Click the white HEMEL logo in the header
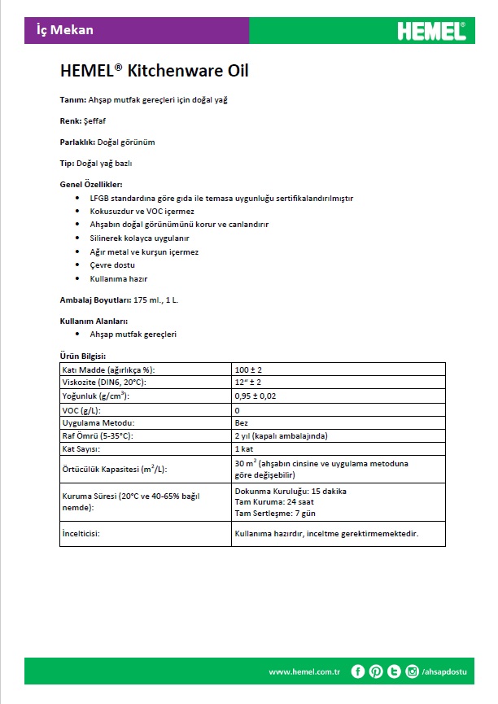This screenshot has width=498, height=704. pos(431,31)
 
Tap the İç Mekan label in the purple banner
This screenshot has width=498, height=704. pos(65,30)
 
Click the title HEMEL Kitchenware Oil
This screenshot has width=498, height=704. pos(154,71)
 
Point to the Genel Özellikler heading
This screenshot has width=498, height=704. pos(92,185)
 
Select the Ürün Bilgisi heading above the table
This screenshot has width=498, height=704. pos(83,356)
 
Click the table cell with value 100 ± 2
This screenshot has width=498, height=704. pos(248,369)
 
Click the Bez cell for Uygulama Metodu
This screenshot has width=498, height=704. pos(241,422)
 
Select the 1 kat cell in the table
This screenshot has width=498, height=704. pos(244,448)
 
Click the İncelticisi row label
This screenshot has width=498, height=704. pos(86,534)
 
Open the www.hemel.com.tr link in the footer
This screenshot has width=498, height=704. pos(304,671)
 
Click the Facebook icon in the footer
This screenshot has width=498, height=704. pos(358,671)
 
